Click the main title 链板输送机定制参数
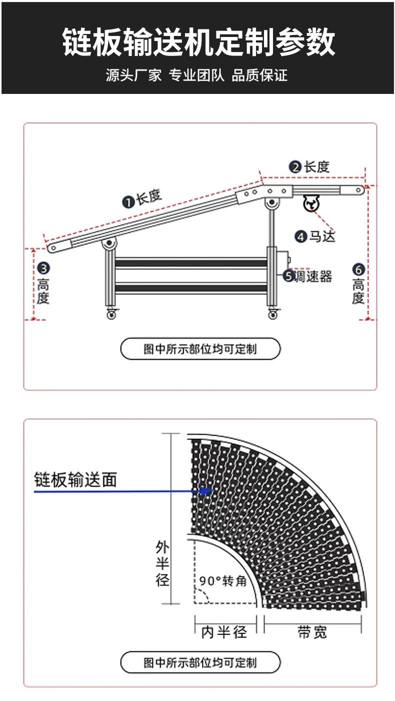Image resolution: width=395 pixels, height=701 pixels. (x=198, y=41)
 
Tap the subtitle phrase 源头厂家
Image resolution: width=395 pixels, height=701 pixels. (x=134, y=75)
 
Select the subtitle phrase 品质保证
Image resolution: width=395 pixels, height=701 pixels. (x=259, y=75)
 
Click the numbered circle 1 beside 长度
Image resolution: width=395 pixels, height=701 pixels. (x=128, y=202)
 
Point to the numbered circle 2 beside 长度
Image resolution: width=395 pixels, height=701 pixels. (x=295, y=167)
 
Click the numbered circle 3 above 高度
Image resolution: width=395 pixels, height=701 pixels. (x=43, y=268)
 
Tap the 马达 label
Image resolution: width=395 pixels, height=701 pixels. (x=322, y=236)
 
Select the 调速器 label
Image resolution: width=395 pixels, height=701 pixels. (x=313, y=276)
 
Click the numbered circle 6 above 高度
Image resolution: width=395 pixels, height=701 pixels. (x=358, y=269)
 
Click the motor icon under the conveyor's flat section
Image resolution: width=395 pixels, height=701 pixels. (x=311, y=203)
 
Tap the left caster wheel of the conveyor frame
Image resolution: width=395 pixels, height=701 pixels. (x=111, y=313)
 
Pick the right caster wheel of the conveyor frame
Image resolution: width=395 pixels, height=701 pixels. (x=273, y=313)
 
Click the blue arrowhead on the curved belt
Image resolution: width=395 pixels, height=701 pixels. (x=206, y=491)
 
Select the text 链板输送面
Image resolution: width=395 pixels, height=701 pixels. (x=75, y=480)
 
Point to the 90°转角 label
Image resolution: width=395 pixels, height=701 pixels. (x=223, y=581)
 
